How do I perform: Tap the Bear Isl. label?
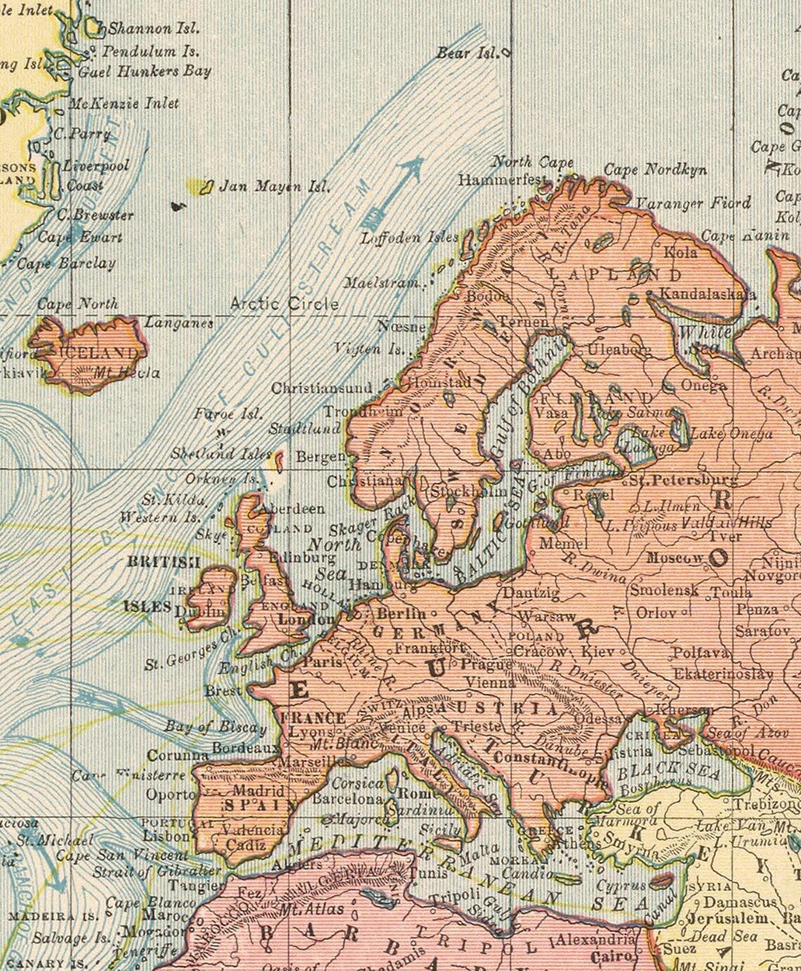[x=466, y=53]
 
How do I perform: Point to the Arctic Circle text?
[x=284, y=304]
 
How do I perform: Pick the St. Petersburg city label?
[x=682, y=481]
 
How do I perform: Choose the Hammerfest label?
[x=500, y=180]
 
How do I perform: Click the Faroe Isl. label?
[x=228, y=413]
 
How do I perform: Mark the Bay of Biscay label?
[x=215, y=727]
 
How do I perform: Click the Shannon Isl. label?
[x=154, y=29]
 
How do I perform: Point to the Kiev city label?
[x=598, y=651]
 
